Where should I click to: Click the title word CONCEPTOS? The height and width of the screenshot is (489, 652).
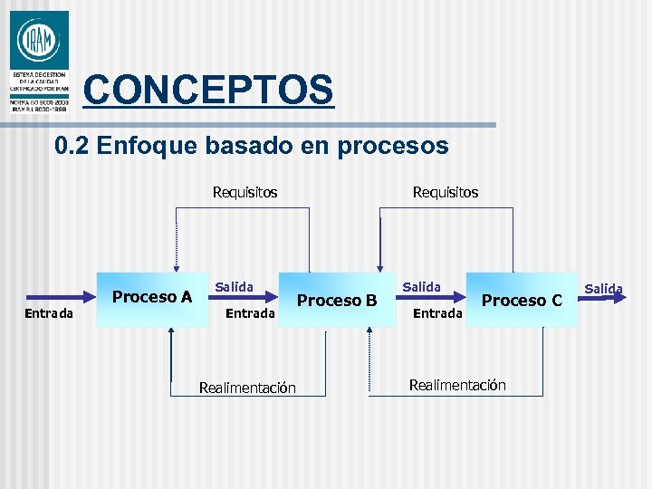click(x=208, y=90)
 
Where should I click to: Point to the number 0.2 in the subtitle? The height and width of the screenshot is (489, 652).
click(x=71, y=146)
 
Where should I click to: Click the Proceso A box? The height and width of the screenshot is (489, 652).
click(x=151, y=297)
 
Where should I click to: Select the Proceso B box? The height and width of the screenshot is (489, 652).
click(x=337, y=300)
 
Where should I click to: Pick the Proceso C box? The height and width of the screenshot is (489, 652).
click(x=522, y=300)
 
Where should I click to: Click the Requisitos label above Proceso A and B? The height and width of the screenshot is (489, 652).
click(x=244, y=192)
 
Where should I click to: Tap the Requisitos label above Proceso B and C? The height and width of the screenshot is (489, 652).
click(x=445, y=192)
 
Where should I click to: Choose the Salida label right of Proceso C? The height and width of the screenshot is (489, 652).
click(x=603, y=289)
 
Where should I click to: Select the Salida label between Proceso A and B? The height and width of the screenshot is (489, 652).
click(x=234, y=287)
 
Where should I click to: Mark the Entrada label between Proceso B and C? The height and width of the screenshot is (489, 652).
click(x=437, y=313)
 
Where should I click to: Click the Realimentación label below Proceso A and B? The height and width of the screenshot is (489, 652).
click(x=247, y=388)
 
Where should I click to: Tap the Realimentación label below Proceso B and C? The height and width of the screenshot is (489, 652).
click(x=457, y=385)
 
